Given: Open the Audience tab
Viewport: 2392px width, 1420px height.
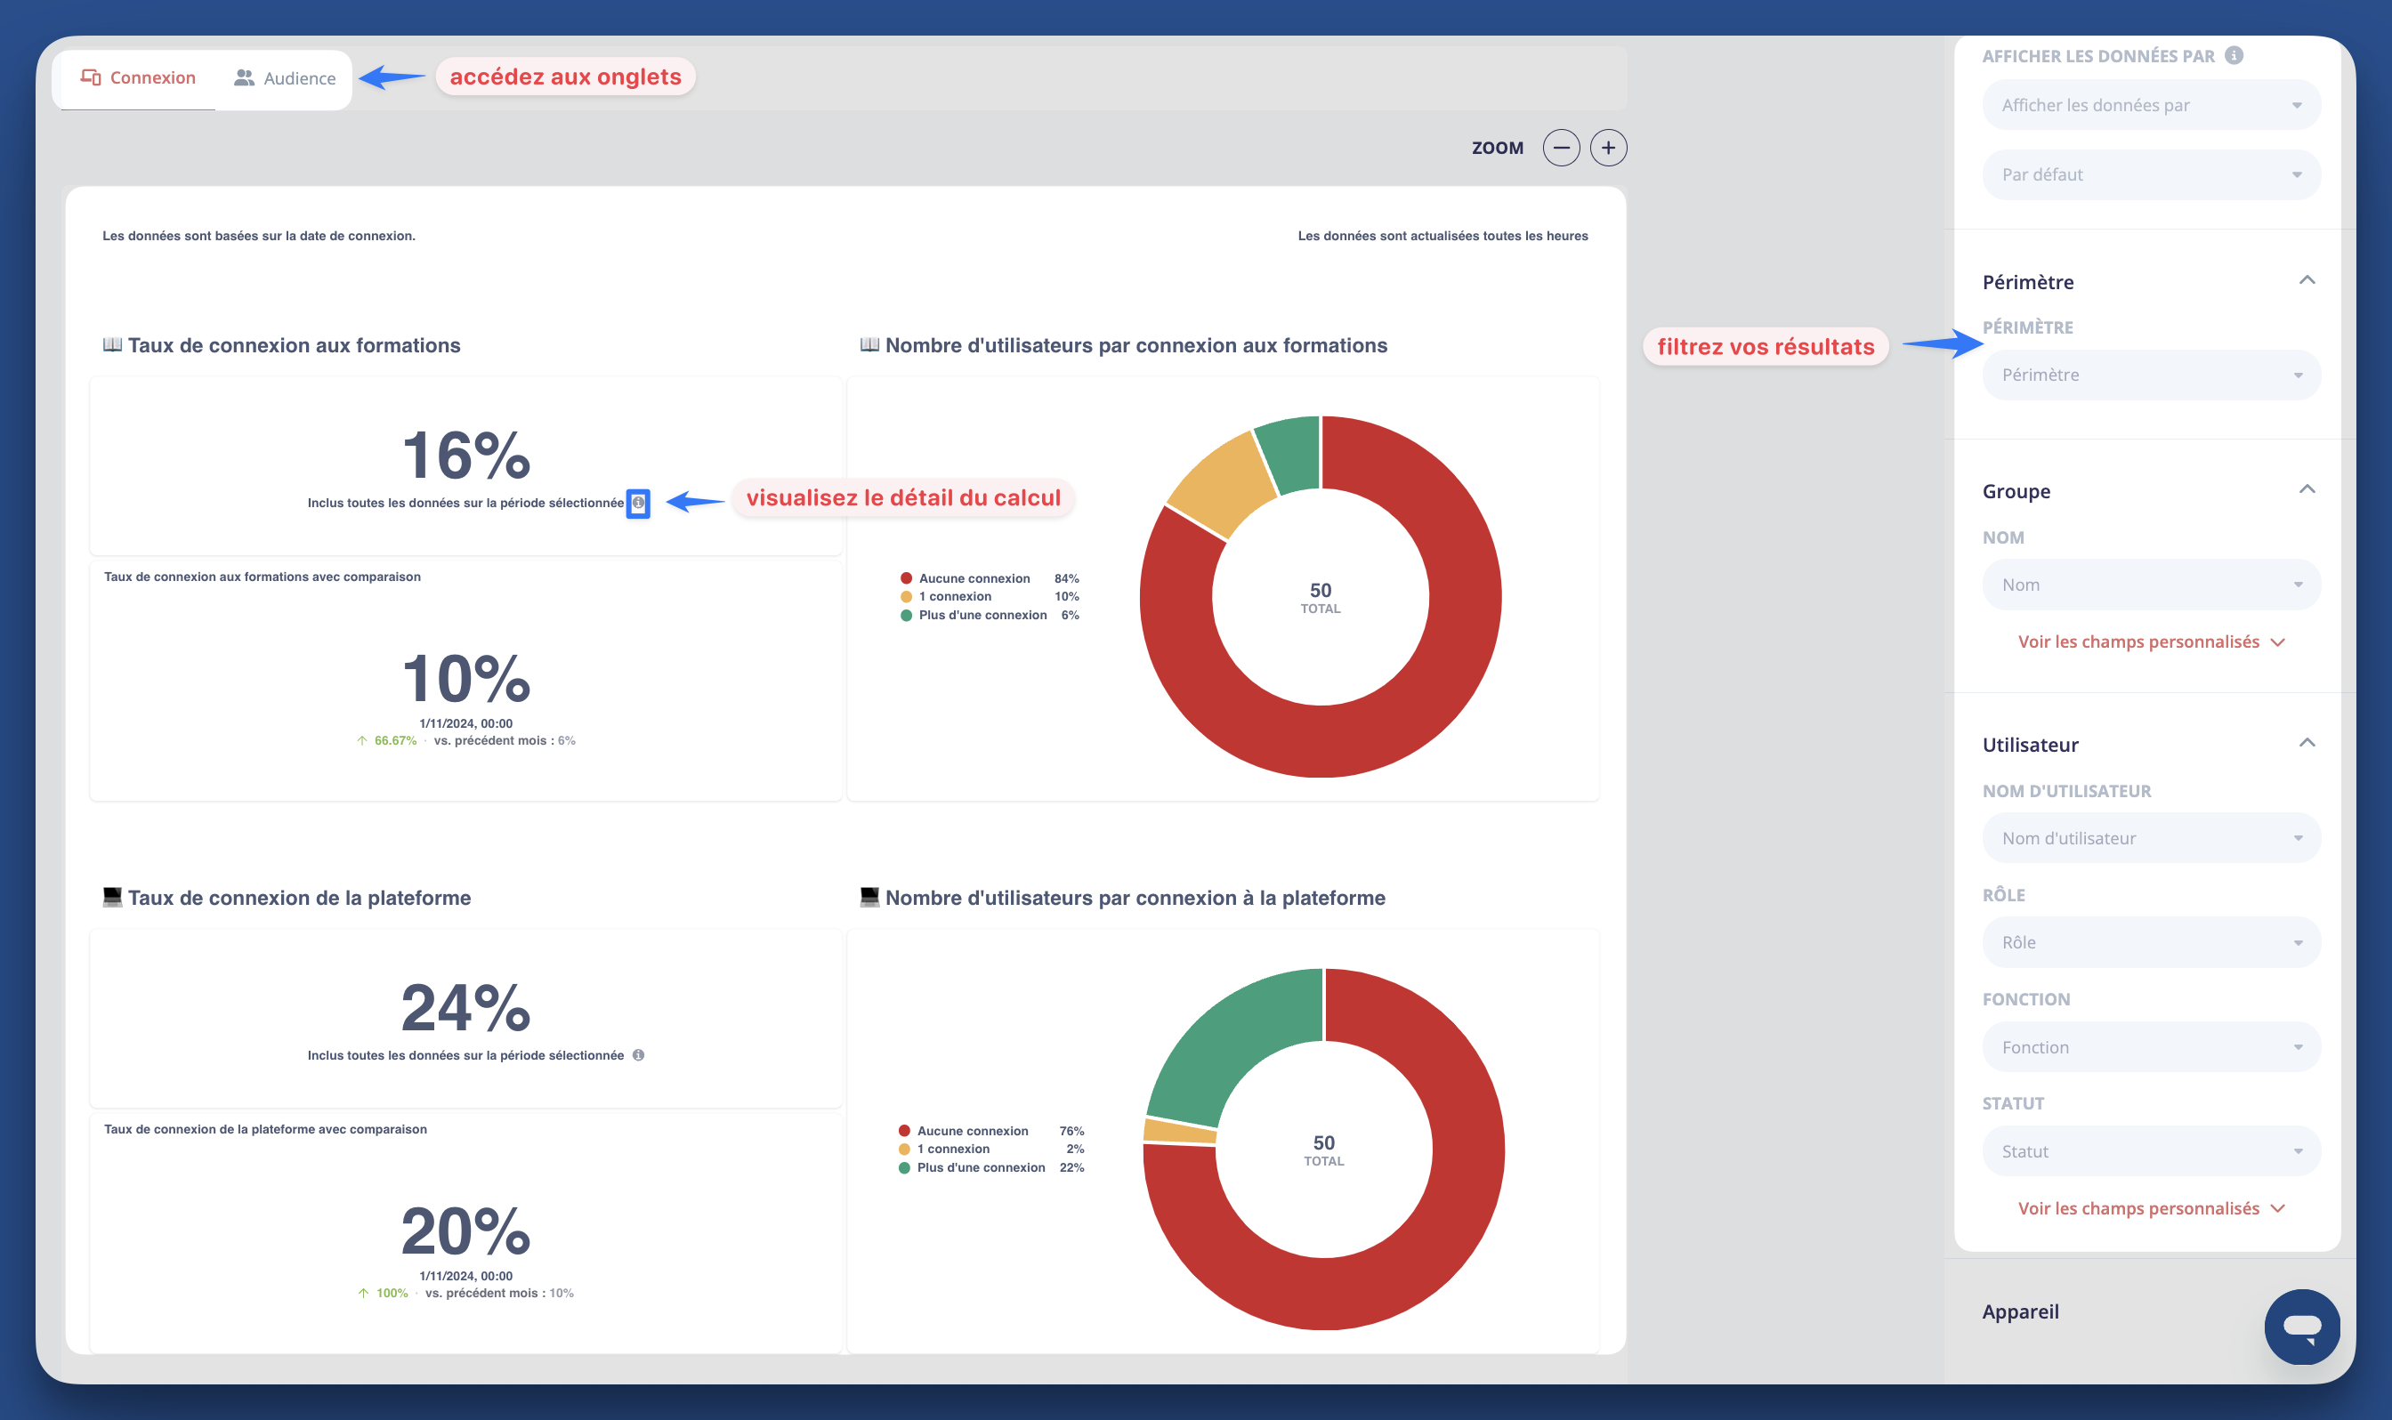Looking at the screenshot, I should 285,78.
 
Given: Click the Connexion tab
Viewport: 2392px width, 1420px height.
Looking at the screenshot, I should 139,77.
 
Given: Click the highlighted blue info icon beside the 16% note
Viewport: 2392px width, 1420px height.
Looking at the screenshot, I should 638,503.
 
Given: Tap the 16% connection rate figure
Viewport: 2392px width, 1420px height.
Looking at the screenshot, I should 466,455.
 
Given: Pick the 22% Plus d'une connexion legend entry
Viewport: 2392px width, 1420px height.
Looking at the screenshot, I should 990,1167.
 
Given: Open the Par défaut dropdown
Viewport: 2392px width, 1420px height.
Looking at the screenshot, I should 2150,175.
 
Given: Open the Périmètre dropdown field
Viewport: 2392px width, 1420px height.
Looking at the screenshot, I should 2150,375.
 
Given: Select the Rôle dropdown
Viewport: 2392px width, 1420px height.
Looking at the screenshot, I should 2150,942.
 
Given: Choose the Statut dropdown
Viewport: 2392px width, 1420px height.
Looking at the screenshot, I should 2150,1151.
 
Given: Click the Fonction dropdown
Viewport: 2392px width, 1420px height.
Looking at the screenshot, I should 2150,1047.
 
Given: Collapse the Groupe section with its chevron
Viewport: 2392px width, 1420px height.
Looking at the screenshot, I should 2307,490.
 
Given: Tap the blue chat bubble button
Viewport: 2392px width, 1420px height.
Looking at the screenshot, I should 2301,1327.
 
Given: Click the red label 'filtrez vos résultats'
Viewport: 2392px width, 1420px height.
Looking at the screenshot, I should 1766,346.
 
